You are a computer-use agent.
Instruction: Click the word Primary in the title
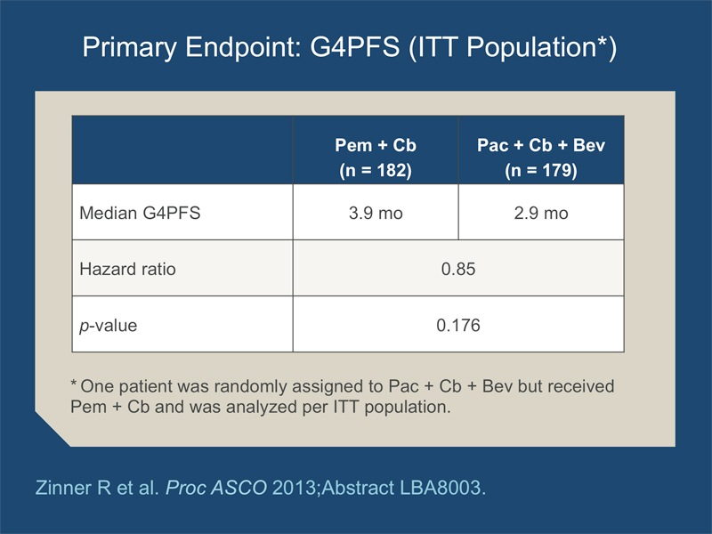pos(129,48)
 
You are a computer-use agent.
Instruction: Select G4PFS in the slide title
pos(354,47)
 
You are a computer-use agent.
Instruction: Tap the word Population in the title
pos(531,48)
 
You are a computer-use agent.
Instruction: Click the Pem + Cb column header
pos(376,145)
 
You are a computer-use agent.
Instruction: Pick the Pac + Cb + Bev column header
pos(541,145)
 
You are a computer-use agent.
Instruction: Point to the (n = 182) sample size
pos(376,170)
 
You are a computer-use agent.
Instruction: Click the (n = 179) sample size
pos(541,170)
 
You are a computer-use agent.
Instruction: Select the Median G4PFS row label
pos(140,213)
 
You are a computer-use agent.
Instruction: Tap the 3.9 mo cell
pos(376,213)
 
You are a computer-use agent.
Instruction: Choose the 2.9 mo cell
pos(541,213)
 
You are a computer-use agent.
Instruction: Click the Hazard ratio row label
pos(127,269)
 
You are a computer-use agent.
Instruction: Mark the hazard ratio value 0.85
pos(458,269)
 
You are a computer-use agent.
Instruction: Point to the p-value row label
pos(108,326)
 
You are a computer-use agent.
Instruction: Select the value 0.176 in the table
pos(458,325)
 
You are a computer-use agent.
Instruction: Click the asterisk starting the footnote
pos(74,383)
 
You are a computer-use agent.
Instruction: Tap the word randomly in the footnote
pos(251,386)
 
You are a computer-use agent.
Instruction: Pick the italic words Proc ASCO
pos(216,488)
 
